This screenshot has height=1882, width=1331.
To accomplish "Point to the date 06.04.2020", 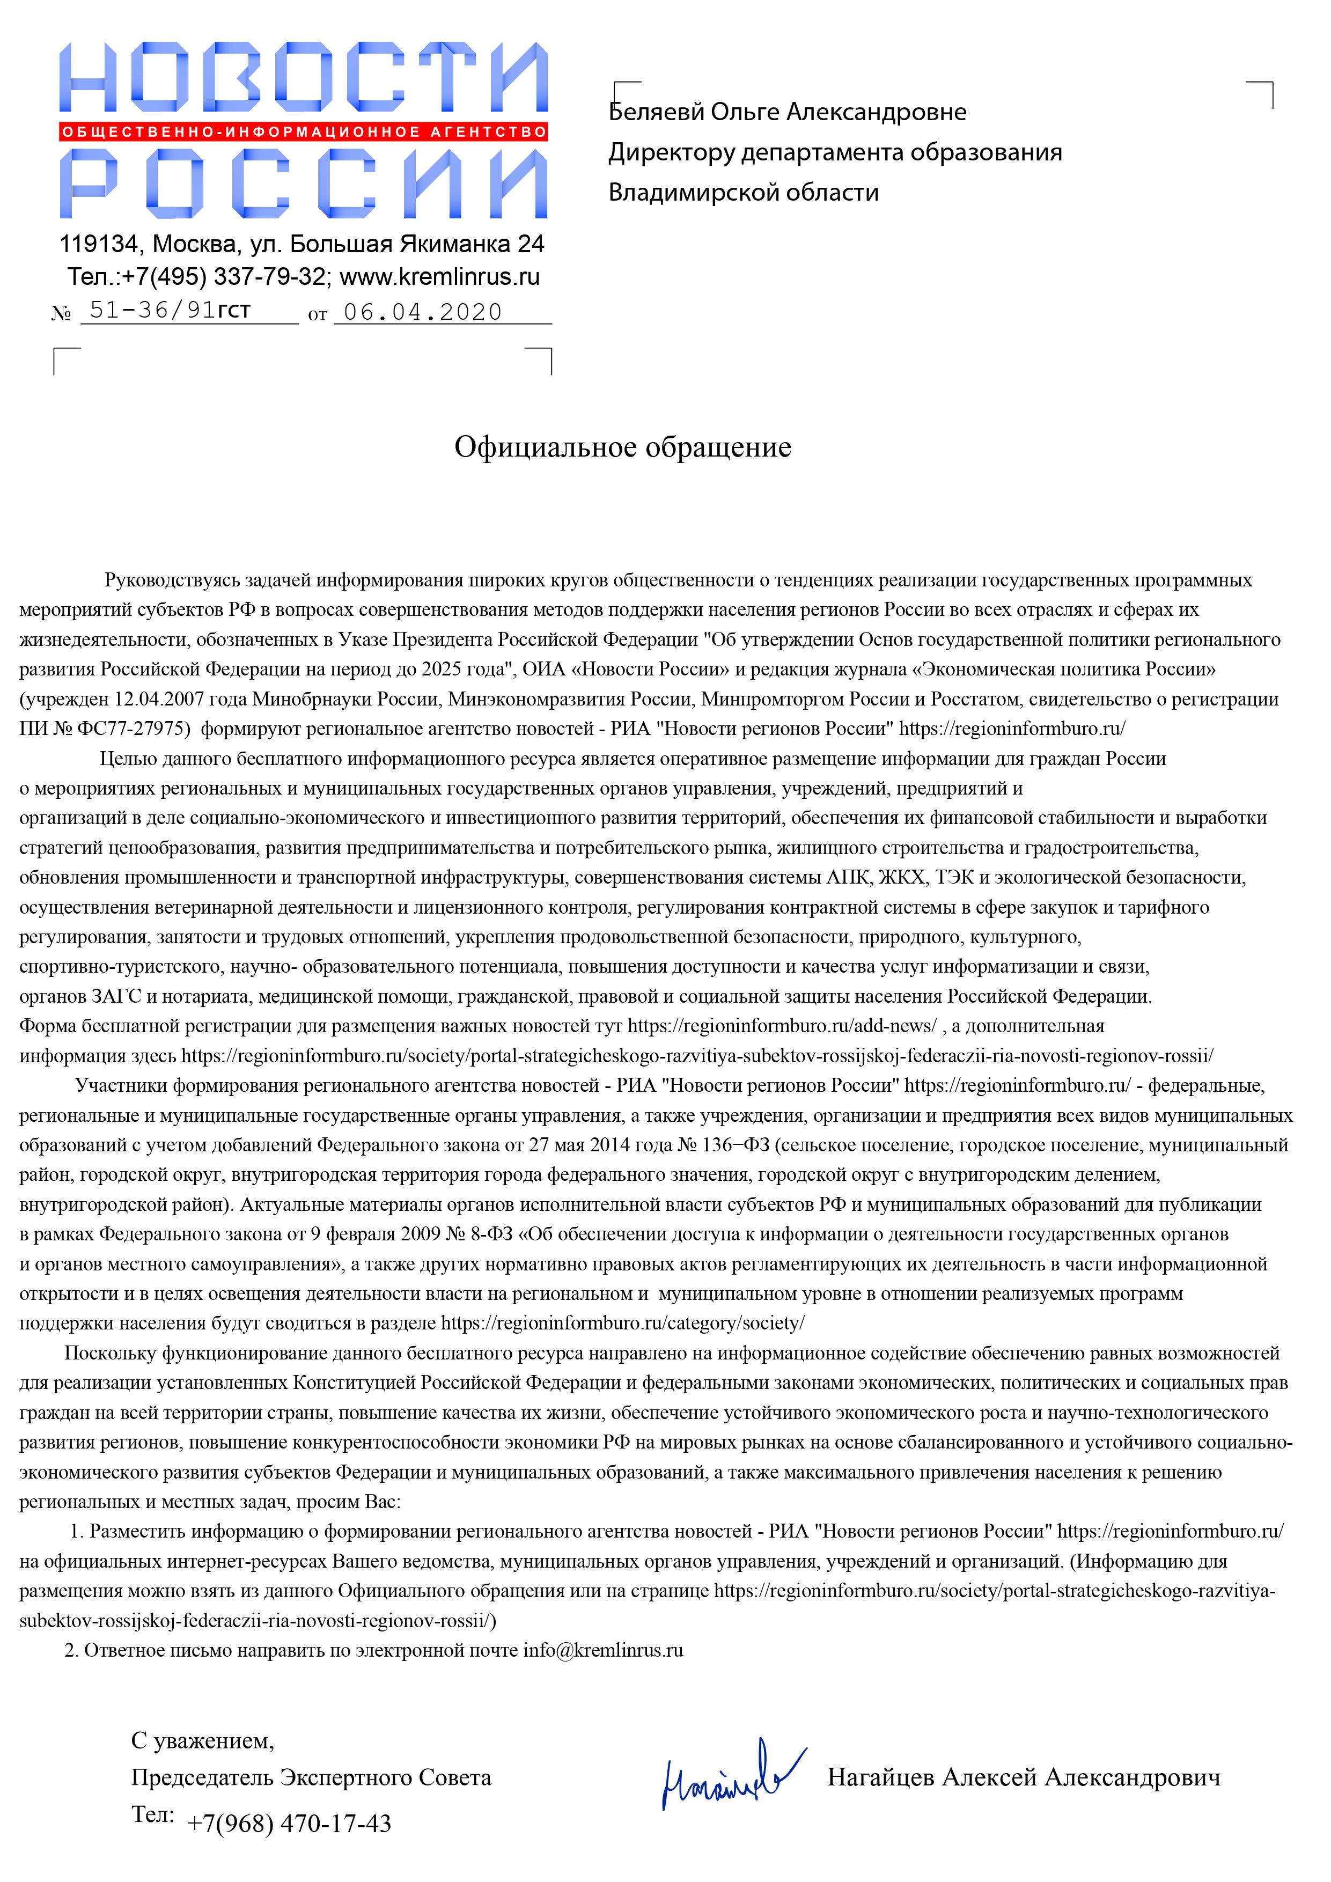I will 422,312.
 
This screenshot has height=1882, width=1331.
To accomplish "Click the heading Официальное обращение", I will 623,447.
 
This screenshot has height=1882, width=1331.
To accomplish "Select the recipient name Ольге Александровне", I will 837,112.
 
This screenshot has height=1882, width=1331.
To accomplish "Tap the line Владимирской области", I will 744,193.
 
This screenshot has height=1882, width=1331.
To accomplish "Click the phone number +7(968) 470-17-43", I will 289,1824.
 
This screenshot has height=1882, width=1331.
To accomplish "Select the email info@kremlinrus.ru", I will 603,1650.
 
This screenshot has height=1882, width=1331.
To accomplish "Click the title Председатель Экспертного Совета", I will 312,1777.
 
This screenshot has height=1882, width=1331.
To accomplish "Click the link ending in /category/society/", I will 623,1323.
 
